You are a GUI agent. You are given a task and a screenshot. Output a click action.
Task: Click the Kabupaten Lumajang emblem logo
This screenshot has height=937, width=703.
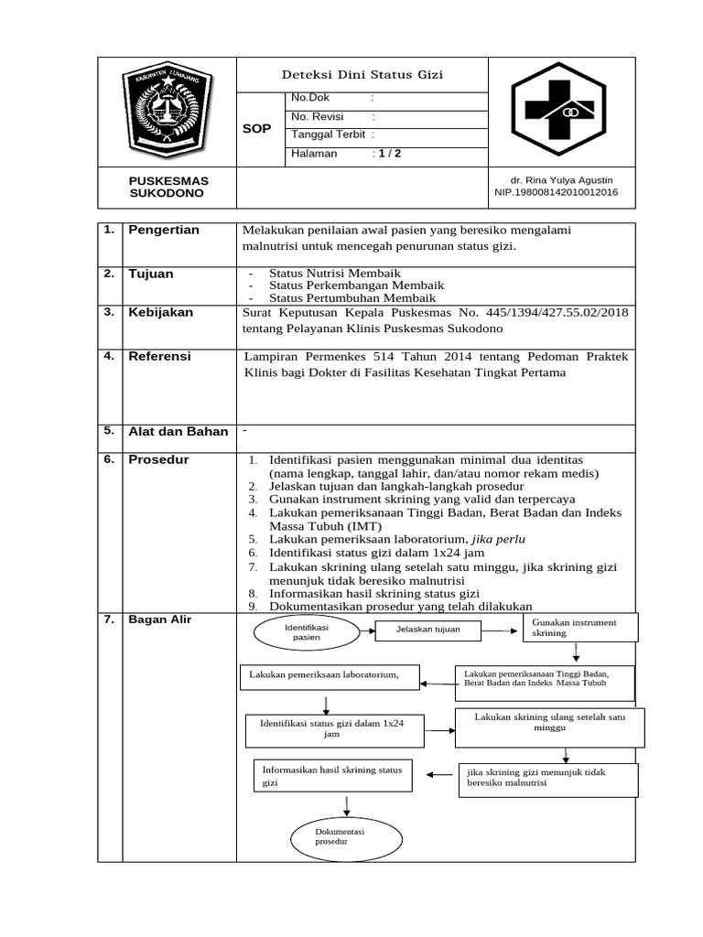(x=167, y=112)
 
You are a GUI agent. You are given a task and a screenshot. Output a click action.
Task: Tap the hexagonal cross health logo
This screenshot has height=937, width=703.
(x=557, y=112)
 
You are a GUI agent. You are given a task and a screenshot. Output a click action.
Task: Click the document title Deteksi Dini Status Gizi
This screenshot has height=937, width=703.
(x=363, y=75)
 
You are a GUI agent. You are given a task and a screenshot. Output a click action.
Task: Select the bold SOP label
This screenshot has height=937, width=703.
(x=256, y=129)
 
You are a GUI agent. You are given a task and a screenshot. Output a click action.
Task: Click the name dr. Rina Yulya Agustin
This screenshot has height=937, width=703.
(x=562, y=179)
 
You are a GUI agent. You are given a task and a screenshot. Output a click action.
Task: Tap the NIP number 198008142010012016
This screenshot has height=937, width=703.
(x=556, y=192)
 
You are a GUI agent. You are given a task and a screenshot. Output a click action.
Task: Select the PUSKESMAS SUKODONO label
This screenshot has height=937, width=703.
(x=168, y=188)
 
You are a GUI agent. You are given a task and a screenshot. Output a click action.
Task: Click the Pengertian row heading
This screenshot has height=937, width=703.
(x=164, y=230)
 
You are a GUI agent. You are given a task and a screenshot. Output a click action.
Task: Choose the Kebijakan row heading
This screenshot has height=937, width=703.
(x=161, y=312)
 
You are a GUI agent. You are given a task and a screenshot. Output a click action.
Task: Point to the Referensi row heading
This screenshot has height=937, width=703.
(x=160, y=356)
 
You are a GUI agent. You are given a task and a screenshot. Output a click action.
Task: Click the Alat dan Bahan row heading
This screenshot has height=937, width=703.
(x=178, y=431)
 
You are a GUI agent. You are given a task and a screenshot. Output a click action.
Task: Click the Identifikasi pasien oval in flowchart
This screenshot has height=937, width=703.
(x=307, y=632)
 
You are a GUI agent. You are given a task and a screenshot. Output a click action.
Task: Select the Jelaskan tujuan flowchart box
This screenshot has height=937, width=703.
(x=427, y=630)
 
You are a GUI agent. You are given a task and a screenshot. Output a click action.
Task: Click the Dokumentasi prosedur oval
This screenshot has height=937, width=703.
(x=340, y=836)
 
